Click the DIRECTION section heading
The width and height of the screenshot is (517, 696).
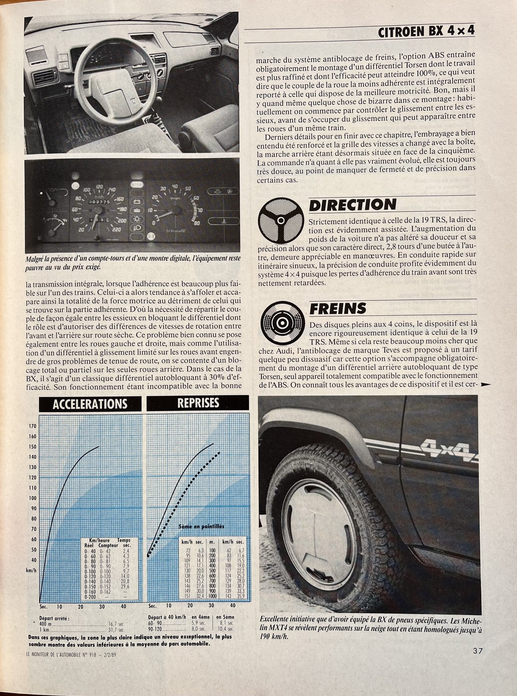click(352, 205)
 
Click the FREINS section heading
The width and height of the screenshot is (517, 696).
click(337, 309)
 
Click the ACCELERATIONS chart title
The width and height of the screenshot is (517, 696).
click(90, 404)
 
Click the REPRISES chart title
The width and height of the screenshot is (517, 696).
click(198, 403)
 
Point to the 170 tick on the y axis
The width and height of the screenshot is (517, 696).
click(33, 426)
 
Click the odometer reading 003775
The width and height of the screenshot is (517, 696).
click(99, 202)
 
